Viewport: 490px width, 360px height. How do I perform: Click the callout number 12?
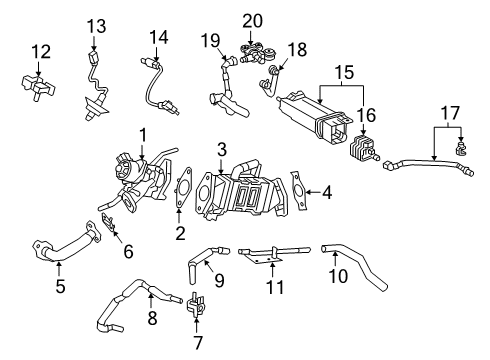click(39, 50)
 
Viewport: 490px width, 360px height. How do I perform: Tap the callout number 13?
click(95, 25)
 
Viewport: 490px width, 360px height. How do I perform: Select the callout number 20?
click(252, 20)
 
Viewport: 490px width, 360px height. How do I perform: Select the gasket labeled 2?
click(182, 192)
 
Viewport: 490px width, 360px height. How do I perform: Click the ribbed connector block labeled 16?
click(359, 152)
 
